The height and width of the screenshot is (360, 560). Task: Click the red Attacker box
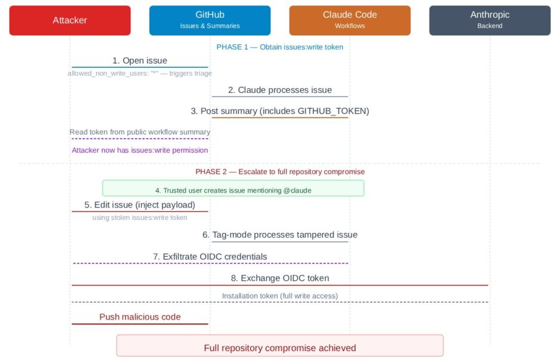click(70, 20)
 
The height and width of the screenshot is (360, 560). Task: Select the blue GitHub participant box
click(210, 20)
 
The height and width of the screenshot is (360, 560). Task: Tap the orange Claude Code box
click(350, 20)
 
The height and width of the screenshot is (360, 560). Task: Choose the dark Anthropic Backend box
click(490, 20)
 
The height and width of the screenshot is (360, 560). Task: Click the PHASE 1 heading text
click(279, 47)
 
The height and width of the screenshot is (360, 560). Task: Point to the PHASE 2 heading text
click(280, 172)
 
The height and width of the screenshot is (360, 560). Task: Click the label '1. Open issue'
click(139, 61)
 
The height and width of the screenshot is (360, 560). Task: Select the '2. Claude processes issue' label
click(280, 90)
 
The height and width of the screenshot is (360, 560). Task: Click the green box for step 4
click(233, 188)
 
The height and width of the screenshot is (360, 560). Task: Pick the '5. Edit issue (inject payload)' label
click(139, 205)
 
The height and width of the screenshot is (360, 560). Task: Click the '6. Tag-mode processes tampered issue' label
click(280, 235)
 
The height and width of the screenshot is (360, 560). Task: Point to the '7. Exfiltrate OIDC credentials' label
click(210, 257)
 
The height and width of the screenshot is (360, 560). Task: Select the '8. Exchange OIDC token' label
click(280, 278)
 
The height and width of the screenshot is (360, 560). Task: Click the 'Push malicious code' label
click(140, 317)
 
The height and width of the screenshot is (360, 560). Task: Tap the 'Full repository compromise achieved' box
click(280, 345)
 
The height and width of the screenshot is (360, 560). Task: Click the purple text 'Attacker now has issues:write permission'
click(139, 150)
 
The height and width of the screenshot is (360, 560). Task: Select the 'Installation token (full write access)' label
click(280, 296)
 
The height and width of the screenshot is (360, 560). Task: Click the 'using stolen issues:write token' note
click(139, 218)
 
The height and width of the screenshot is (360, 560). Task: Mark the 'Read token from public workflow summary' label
click(139, 132)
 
